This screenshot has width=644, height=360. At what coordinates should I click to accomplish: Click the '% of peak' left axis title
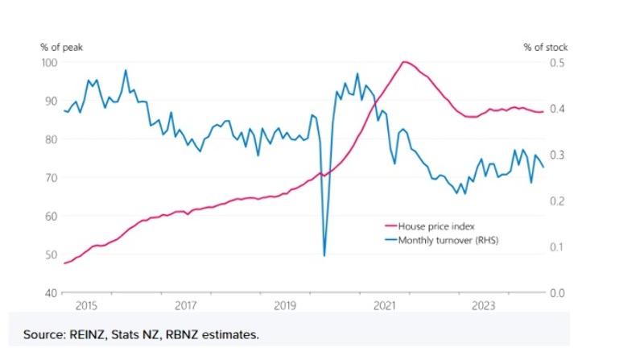pos(61,48)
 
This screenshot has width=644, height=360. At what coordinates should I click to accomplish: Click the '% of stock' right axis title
pos(545,48)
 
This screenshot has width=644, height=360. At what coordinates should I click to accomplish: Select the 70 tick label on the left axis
pos(50,178)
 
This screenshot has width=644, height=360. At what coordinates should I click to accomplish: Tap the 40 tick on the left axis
pos(50,292)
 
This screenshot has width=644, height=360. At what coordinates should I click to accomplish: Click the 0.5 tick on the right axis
pos(556,63)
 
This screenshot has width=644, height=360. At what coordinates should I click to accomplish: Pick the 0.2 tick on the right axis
pos(556,201)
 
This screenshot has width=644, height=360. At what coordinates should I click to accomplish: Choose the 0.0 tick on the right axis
pos(556,292)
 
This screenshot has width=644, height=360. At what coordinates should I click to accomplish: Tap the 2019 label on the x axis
pos(285,306)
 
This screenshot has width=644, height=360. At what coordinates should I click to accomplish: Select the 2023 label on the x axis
pos(484,306)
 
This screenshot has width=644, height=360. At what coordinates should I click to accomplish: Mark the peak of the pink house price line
pos(404,61)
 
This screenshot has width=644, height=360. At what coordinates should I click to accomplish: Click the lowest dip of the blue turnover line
pos(324,255)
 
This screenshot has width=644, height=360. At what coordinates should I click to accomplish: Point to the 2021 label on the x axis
pos(384,306)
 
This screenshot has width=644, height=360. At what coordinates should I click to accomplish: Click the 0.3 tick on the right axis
pos(556,155)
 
